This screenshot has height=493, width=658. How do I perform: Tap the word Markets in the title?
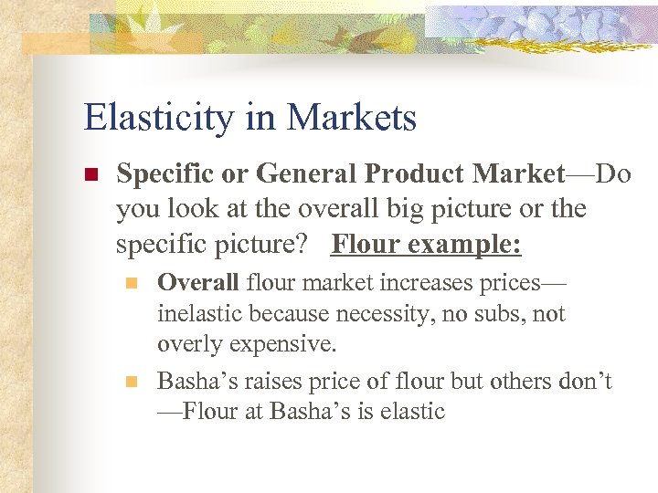point(352,118)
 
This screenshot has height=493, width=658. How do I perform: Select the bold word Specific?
point(164,174)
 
